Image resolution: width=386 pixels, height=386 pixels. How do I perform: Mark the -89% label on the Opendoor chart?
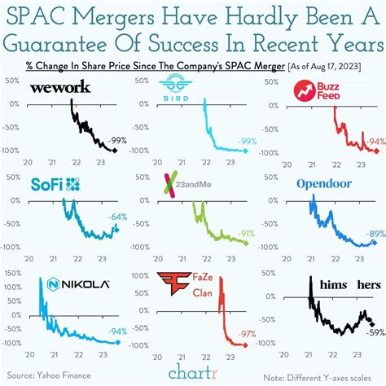pos(374,234)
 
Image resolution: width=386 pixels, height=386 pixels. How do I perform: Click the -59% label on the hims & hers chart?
pos(375,331)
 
